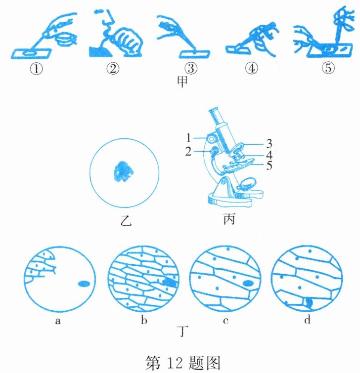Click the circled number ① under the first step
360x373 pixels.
pyautogui.click(x=36, y=69)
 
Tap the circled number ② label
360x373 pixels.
pyautogui.click(x=113, y=69)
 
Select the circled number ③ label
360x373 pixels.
pyautogui.click(x=191, y=68)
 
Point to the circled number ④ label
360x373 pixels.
pyautogui.click(x=252, y=69)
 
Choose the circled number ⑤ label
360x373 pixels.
pyautogui.click(x=328, y=68)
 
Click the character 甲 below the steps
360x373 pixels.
pyautogui.click(x=182, y=82)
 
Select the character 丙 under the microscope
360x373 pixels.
pyautogui.click(x=229, y=219)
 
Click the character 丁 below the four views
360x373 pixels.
pyautogui.click(x=182, y=331)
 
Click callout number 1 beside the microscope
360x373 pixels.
pyautogui.click(x=188, y=137)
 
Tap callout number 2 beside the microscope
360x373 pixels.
pyautogui.click(x=188, y=152)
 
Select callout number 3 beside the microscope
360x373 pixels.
pyautogui.click(x=269, y=143)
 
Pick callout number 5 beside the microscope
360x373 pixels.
pyautogui.click(x=269, y=166)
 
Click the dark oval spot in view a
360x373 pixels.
pyautogui.click(x=84, y=283)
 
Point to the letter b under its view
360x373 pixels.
pyautogui.click(x=144, y=320)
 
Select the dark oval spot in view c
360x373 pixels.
pyautogui.click(x=248, y=283)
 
